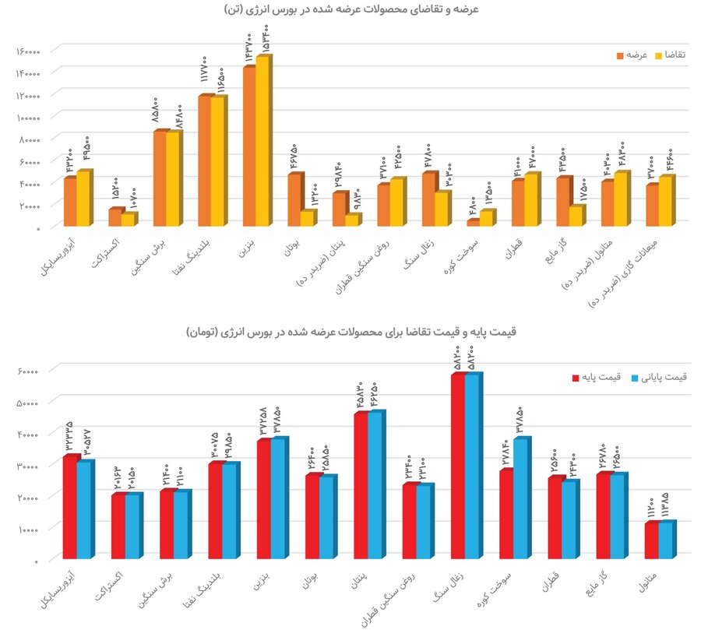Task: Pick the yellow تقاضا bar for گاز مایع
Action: click(x=576, y=216)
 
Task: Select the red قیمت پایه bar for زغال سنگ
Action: click(x=457, y=467)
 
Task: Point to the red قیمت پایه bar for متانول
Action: click(x=651, y=541)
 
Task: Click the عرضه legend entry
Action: click(x=636, y=56)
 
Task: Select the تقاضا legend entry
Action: click(x=675, y=56)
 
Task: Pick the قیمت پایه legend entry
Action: click(x=606, y=378)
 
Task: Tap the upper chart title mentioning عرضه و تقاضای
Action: click(x=350, y=9)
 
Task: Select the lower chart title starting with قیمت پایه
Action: click(x=350, y=333)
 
